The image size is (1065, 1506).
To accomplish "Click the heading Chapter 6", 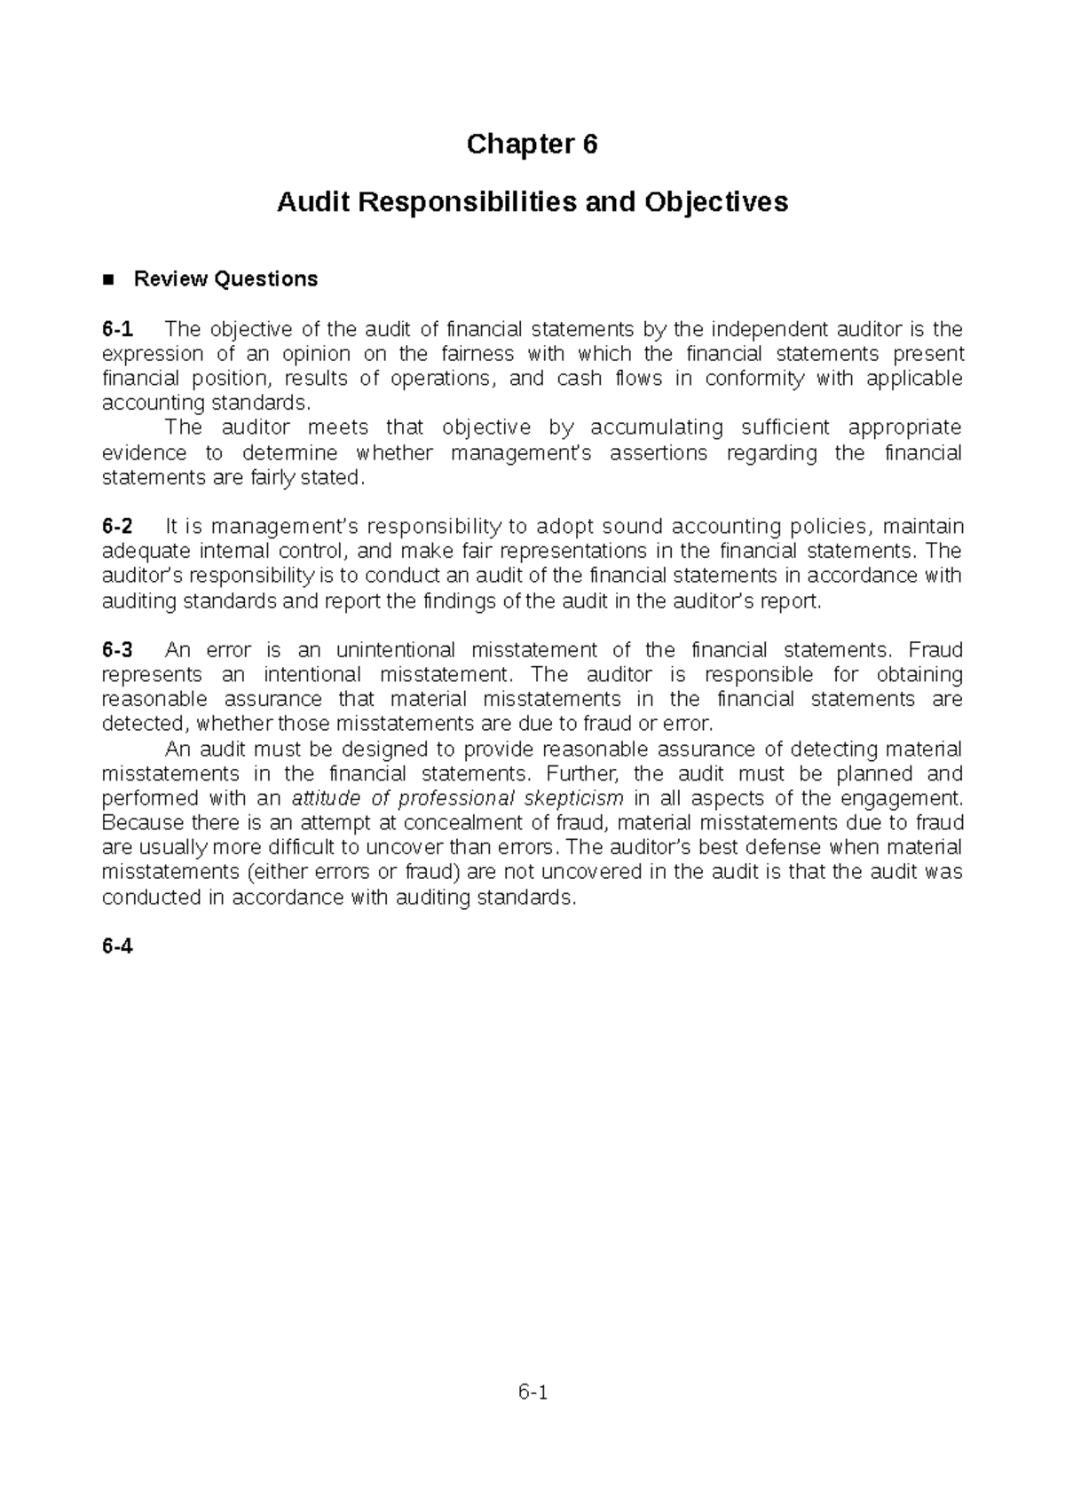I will pos(532,144).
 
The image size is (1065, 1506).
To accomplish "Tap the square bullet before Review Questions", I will pos(109,280).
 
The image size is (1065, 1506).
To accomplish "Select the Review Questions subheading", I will pos(225,279).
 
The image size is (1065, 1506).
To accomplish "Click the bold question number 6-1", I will pos(117,330).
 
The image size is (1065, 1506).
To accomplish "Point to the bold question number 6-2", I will pos(117,527).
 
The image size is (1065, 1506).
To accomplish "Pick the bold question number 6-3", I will pos(117,650).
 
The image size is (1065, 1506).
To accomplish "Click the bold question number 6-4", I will pos(117,946).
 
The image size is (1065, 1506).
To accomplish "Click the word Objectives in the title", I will pos(717,203).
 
